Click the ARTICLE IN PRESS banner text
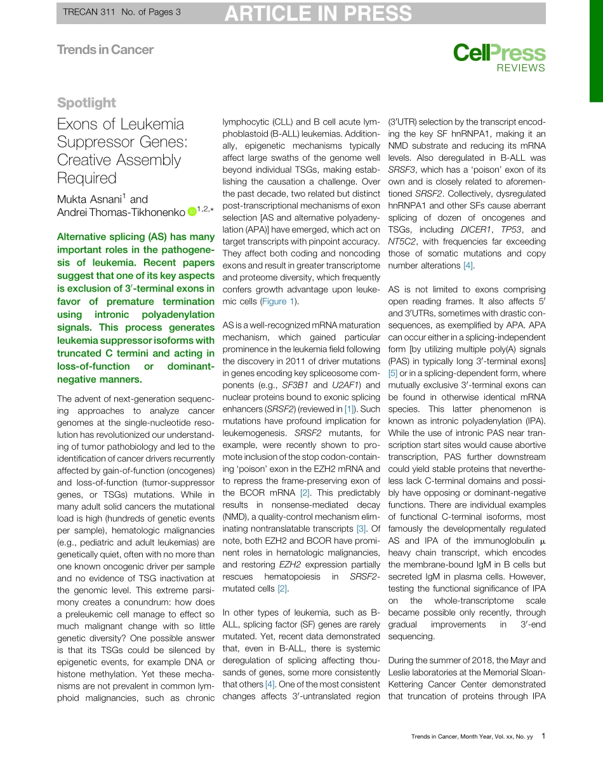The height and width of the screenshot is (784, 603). (317, 13)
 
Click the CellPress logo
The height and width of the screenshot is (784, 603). (499, 53)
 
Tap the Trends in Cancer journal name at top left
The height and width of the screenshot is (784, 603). (105, 50)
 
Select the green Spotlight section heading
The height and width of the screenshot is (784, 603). (86, 102)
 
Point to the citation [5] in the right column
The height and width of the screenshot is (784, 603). (393, 373)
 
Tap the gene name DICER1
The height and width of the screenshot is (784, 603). (472, 229)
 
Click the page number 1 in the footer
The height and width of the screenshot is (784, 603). (543, 736)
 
